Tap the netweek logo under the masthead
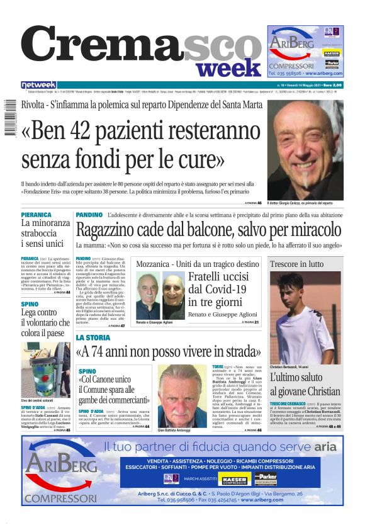point(39,85)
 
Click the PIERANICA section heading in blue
point(36,215)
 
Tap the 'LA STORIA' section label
point(93,338)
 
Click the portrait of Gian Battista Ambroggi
point(182,396)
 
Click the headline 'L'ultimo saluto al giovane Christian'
point(305,385)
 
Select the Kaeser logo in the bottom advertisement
point(233,479)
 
